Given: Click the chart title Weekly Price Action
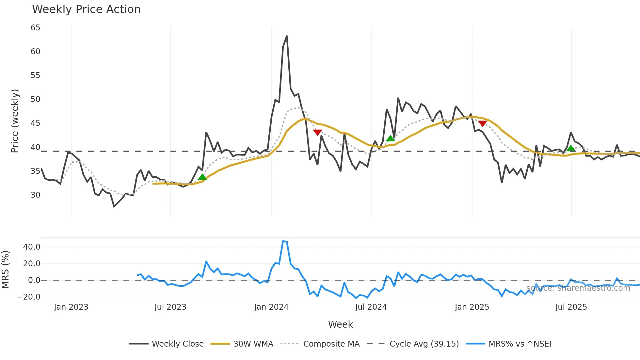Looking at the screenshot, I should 86,9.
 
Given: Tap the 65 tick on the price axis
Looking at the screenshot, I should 35,28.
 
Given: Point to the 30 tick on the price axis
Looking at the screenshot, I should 35,195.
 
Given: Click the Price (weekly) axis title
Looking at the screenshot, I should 15,121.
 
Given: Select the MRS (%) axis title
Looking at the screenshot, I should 5,270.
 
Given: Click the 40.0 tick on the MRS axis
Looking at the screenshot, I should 32,247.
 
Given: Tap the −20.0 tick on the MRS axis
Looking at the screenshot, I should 29,297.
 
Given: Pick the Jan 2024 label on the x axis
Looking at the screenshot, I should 271,307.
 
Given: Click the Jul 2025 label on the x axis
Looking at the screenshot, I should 571,307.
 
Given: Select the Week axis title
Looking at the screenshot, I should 340,324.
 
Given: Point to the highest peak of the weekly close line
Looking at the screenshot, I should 287,36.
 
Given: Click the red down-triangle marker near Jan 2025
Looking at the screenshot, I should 483,123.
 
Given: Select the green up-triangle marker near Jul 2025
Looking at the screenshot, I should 571,148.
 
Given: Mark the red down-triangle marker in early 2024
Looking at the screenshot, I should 317,132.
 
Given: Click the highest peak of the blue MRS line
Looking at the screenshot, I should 283,241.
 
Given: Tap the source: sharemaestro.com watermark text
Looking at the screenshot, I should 578,288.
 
